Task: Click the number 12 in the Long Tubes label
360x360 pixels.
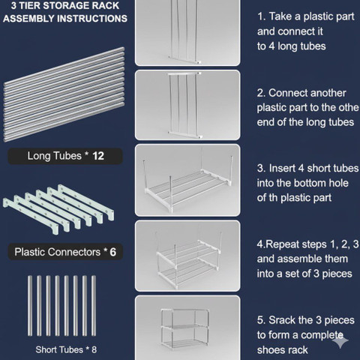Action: click(x=98, y=156)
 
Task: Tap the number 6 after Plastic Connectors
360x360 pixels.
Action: click(x=113, y=252)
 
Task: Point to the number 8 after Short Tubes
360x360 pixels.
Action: click(x=94, y=349)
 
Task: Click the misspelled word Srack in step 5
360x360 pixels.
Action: click(x=281, y=320)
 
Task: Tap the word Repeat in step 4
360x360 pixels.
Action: click(x=281, y=244)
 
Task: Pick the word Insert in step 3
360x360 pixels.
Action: click(x=282, y=168)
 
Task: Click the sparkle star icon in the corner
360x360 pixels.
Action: click(x=340, y=340)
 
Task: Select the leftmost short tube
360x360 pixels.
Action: click(x=30, y=305)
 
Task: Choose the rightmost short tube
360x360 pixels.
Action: click(x=94, y=305)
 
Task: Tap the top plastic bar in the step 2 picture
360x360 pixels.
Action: click(x=184, y=73)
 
